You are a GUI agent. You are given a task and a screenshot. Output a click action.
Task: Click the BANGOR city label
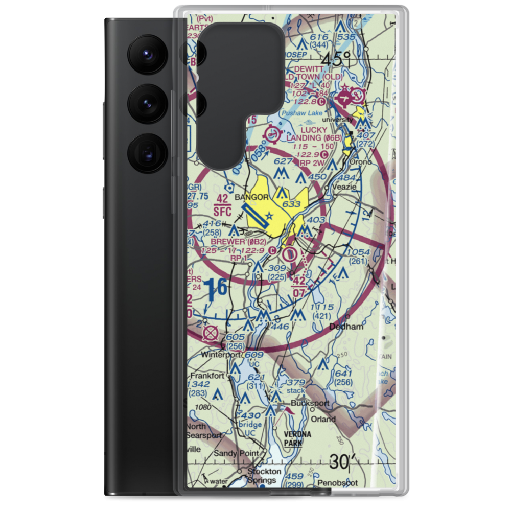(x=251, y=197)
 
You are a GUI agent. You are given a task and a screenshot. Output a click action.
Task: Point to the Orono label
(x=360, y=162)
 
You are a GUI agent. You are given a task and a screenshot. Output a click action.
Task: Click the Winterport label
(x=206, y=354)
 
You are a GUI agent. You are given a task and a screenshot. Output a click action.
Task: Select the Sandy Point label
(x=233, y=453)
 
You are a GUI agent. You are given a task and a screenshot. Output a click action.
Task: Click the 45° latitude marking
(x=337, y=59)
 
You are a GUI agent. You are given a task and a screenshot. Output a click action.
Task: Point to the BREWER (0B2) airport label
(x=231, y=242)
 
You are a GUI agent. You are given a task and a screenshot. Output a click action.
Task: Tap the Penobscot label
(x=335, y=483)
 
